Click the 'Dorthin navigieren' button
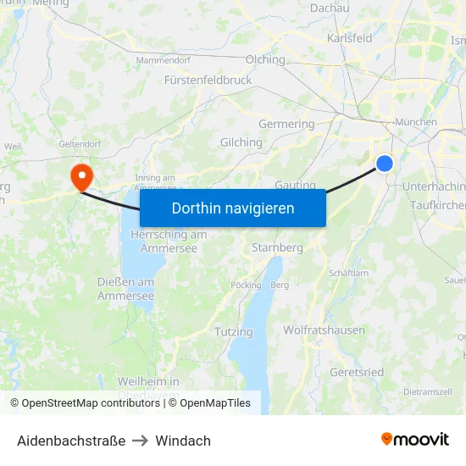(x=233, y=208)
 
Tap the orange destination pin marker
(x=82, y=176)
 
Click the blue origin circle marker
(x=385, y=164)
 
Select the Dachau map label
(x=330, y=8)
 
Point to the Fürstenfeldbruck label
(x=208, y=80)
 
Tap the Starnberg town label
(x=277, y=248)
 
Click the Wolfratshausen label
(x=324, y=330)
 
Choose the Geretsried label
(x=356, y=372)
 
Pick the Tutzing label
(x=234, y=331)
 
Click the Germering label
(x=286, y=124)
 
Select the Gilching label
(x=241, y=142)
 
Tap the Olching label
(x=265, y=59)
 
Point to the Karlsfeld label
(x=350, y=38)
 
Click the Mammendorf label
(x=164, y=60)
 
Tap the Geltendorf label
(x=80, y=144)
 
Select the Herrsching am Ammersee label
(x=169, y=241)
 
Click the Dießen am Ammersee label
(x=125, y=289)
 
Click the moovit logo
(x=415, y=439)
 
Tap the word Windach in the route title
(x=183, y=441)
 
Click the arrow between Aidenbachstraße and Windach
(x=141, y=441)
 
